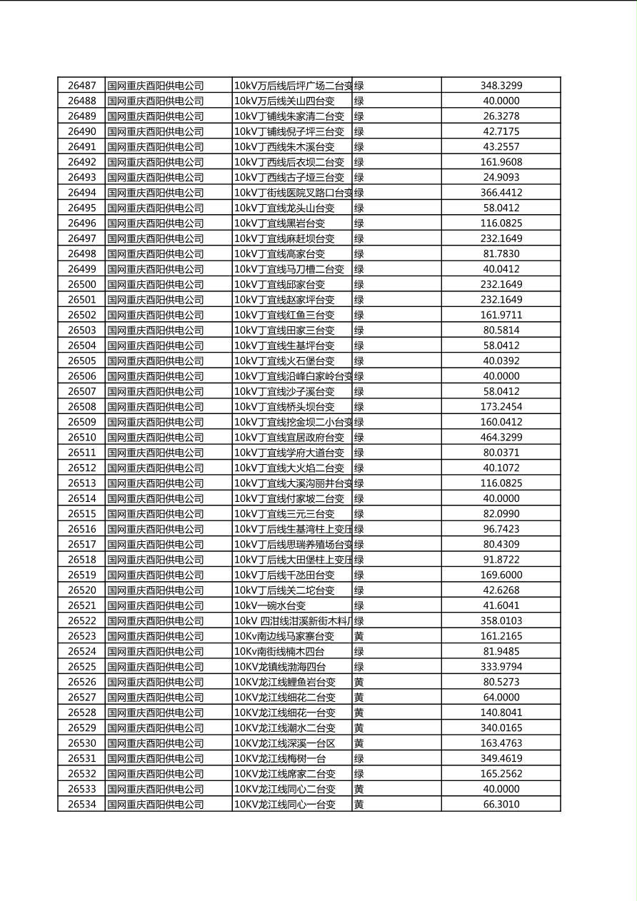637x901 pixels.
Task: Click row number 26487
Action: pyautogui.click(x=81, y=86)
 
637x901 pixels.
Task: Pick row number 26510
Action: pyautogui.click(x=81, y=438)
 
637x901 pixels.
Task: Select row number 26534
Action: pyautogui.click(x=81, y=805)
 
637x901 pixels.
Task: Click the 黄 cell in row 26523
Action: pyautogui.click(x=358, y=636)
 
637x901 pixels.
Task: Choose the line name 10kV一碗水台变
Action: pyautogui.click(x=270, y=605)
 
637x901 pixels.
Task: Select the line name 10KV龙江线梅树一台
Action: pyautogui.click(x=280, y=759)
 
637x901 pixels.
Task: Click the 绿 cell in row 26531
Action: pyautogui.click(x=358, y=759)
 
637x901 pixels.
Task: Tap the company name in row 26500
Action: pyautogui.click(x=155, y=284)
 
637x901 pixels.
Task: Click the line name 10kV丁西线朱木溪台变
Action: pyautogui.click(x=284, y=146)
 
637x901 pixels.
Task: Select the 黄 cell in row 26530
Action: pyautogui.click(x=358, y=743)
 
